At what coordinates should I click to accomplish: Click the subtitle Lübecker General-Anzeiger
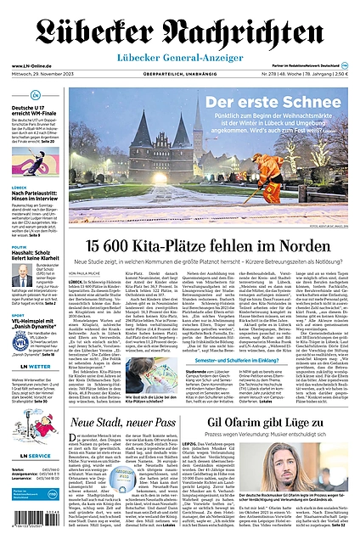click(x=180, y=57)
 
